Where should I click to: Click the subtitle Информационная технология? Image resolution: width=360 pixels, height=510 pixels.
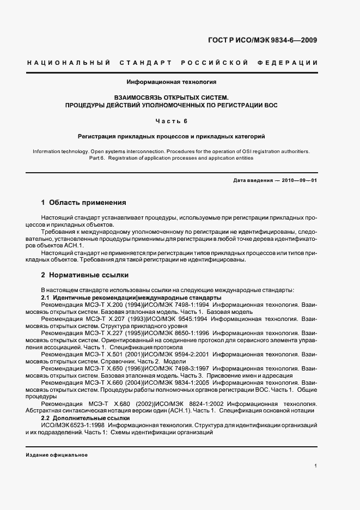point(172,82)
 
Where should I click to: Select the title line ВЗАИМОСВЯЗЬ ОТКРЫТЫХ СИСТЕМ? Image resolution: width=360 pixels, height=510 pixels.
point(172,97)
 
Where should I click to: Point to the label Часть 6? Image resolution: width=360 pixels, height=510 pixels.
point(172,120)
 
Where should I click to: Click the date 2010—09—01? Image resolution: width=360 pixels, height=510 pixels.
point(298,180)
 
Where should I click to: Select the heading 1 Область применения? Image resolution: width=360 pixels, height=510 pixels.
point(84,203)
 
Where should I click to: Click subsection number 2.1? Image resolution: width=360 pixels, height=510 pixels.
point(46,298)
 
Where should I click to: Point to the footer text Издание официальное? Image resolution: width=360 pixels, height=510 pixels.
point(57,455)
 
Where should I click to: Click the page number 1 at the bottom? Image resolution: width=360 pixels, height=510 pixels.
point(316,466)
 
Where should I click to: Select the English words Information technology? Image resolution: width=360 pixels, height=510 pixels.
point(57,151)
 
